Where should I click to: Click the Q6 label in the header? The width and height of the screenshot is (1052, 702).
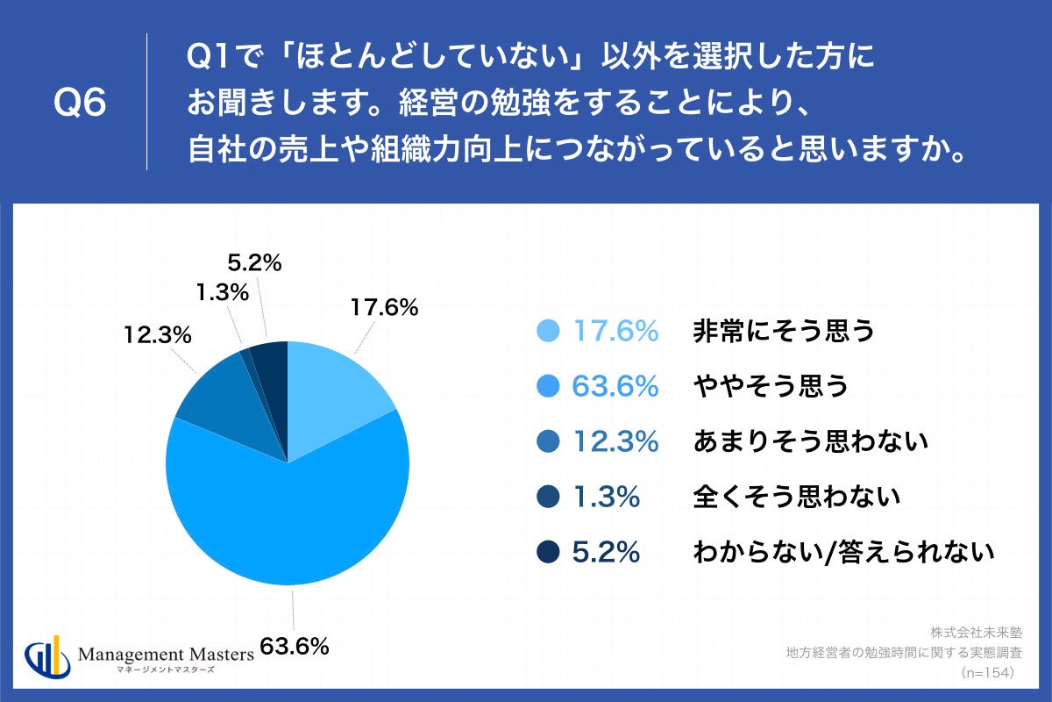(80, 104)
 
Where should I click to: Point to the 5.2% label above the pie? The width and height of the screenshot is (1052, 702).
(253, 261)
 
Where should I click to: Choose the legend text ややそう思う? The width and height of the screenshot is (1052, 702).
(771, 386)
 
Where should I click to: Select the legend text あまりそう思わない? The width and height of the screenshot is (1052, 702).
(810, 442)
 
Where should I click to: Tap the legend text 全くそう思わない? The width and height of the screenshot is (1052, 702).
(797, 498)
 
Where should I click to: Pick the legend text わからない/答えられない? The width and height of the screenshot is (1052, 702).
(843, 553)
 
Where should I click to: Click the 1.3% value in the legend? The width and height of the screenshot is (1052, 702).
(607, 498)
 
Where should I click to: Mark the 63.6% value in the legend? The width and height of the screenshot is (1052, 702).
(615, 386)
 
